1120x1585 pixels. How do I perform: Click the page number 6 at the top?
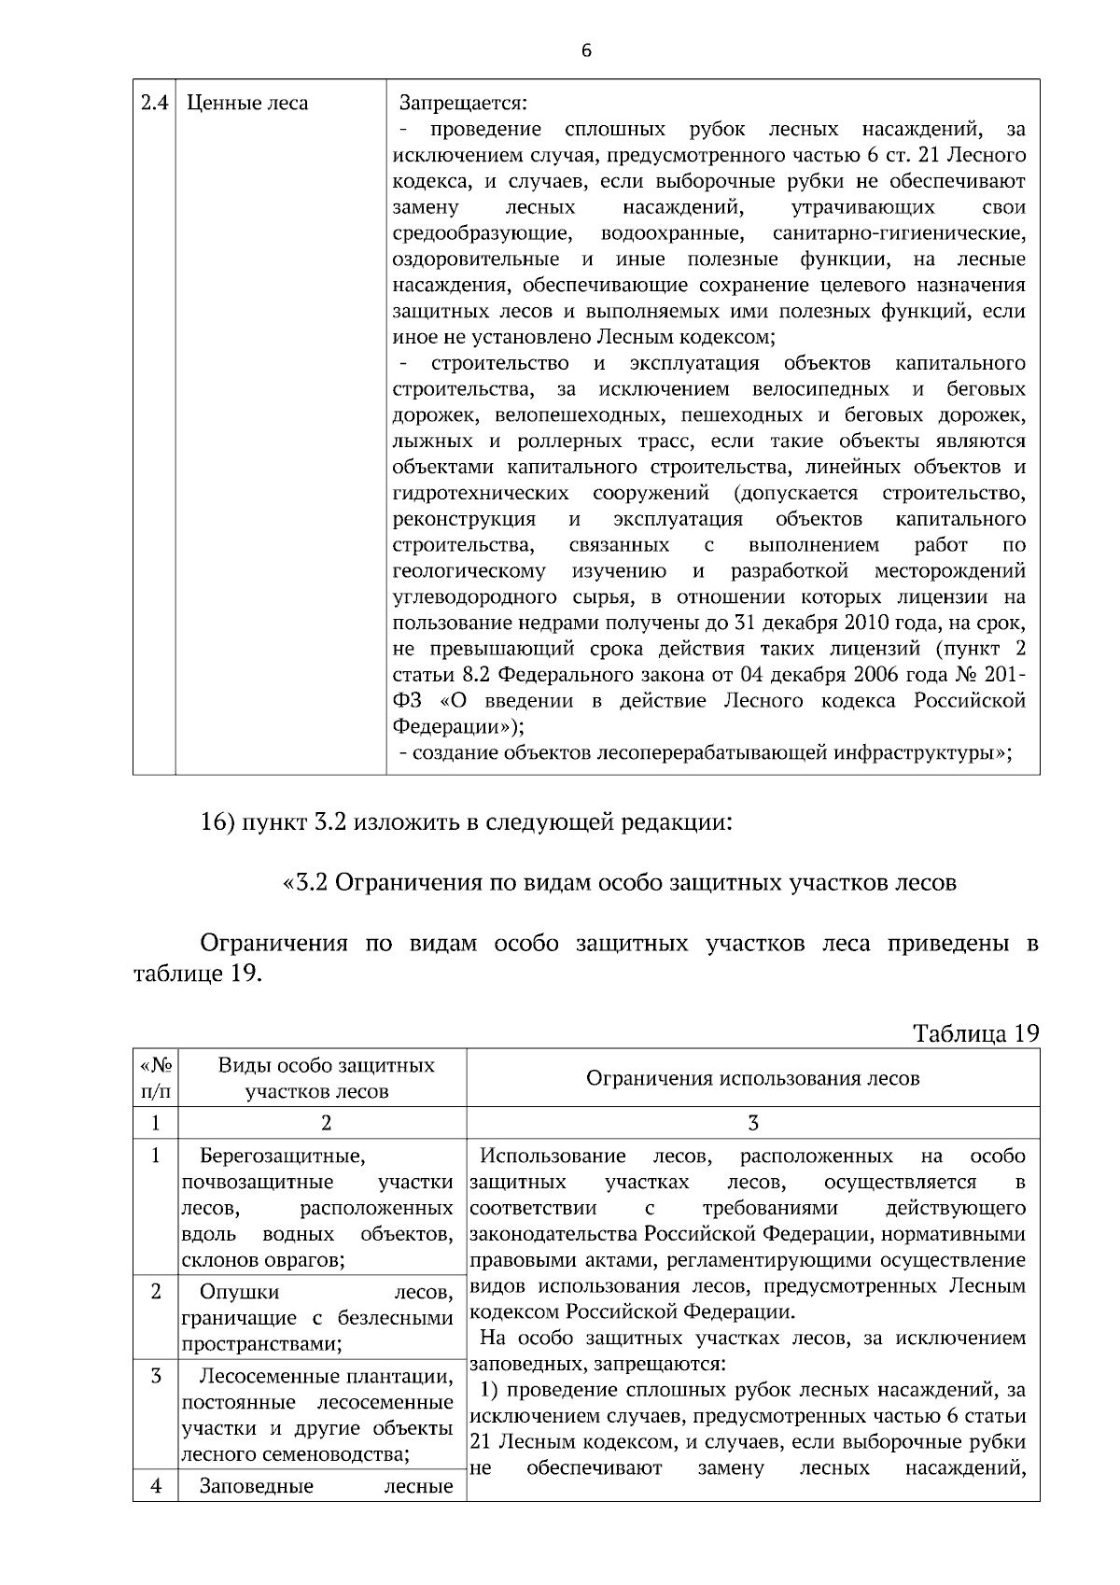pos(586,51)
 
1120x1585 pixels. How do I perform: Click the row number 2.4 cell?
pos(154,103)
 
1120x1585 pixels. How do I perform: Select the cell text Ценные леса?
pos(247,103)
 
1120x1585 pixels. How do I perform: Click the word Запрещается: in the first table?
pos(463,103)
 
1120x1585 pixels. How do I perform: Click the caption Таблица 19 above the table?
pos(975,1033)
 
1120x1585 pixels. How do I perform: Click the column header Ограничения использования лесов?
pos(752,1078)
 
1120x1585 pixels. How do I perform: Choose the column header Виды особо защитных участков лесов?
pos(325,1078)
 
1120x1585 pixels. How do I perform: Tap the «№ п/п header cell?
pos(155,1078)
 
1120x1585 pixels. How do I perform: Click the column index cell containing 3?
pos(752,1123)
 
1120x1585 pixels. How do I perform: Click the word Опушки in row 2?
pos(239,1293)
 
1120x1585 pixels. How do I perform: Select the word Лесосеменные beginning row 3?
pos(271,1377)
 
